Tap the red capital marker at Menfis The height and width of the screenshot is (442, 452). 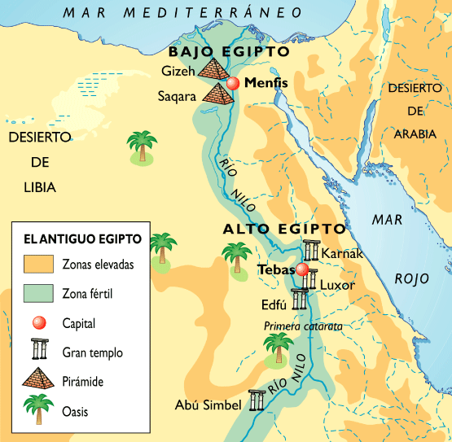point(234,83)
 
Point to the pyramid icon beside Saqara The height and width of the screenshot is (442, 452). point(217,94)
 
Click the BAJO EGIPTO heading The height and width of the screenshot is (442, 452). point(229,50)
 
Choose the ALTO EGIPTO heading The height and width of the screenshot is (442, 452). point(284,230)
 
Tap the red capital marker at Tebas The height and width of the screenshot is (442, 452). point(302,270)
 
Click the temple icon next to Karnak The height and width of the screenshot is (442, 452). point(310,251)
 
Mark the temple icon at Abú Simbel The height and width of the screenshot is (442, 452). point(258,400)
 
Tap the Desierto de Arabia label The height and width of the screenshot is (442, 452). point(415,110)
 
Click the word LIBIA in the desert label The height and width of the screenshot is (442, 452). point(40,187)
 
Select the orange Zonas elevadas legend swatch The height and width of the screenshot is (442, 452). point(37,265)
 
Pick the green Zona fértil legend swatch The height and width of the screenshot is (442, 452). point(37,294)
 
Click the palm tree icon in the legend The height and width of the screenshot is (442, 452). point(37,409)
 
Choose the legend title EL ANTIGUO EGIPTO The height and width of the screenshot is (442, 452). point(82,239)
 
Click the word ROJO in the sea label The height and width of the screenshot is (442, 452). point(411,279)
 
